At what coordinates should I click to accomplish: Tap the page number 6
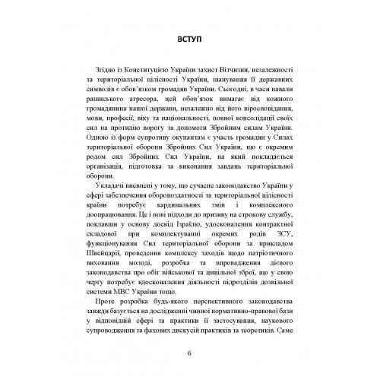pos(189,354)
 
